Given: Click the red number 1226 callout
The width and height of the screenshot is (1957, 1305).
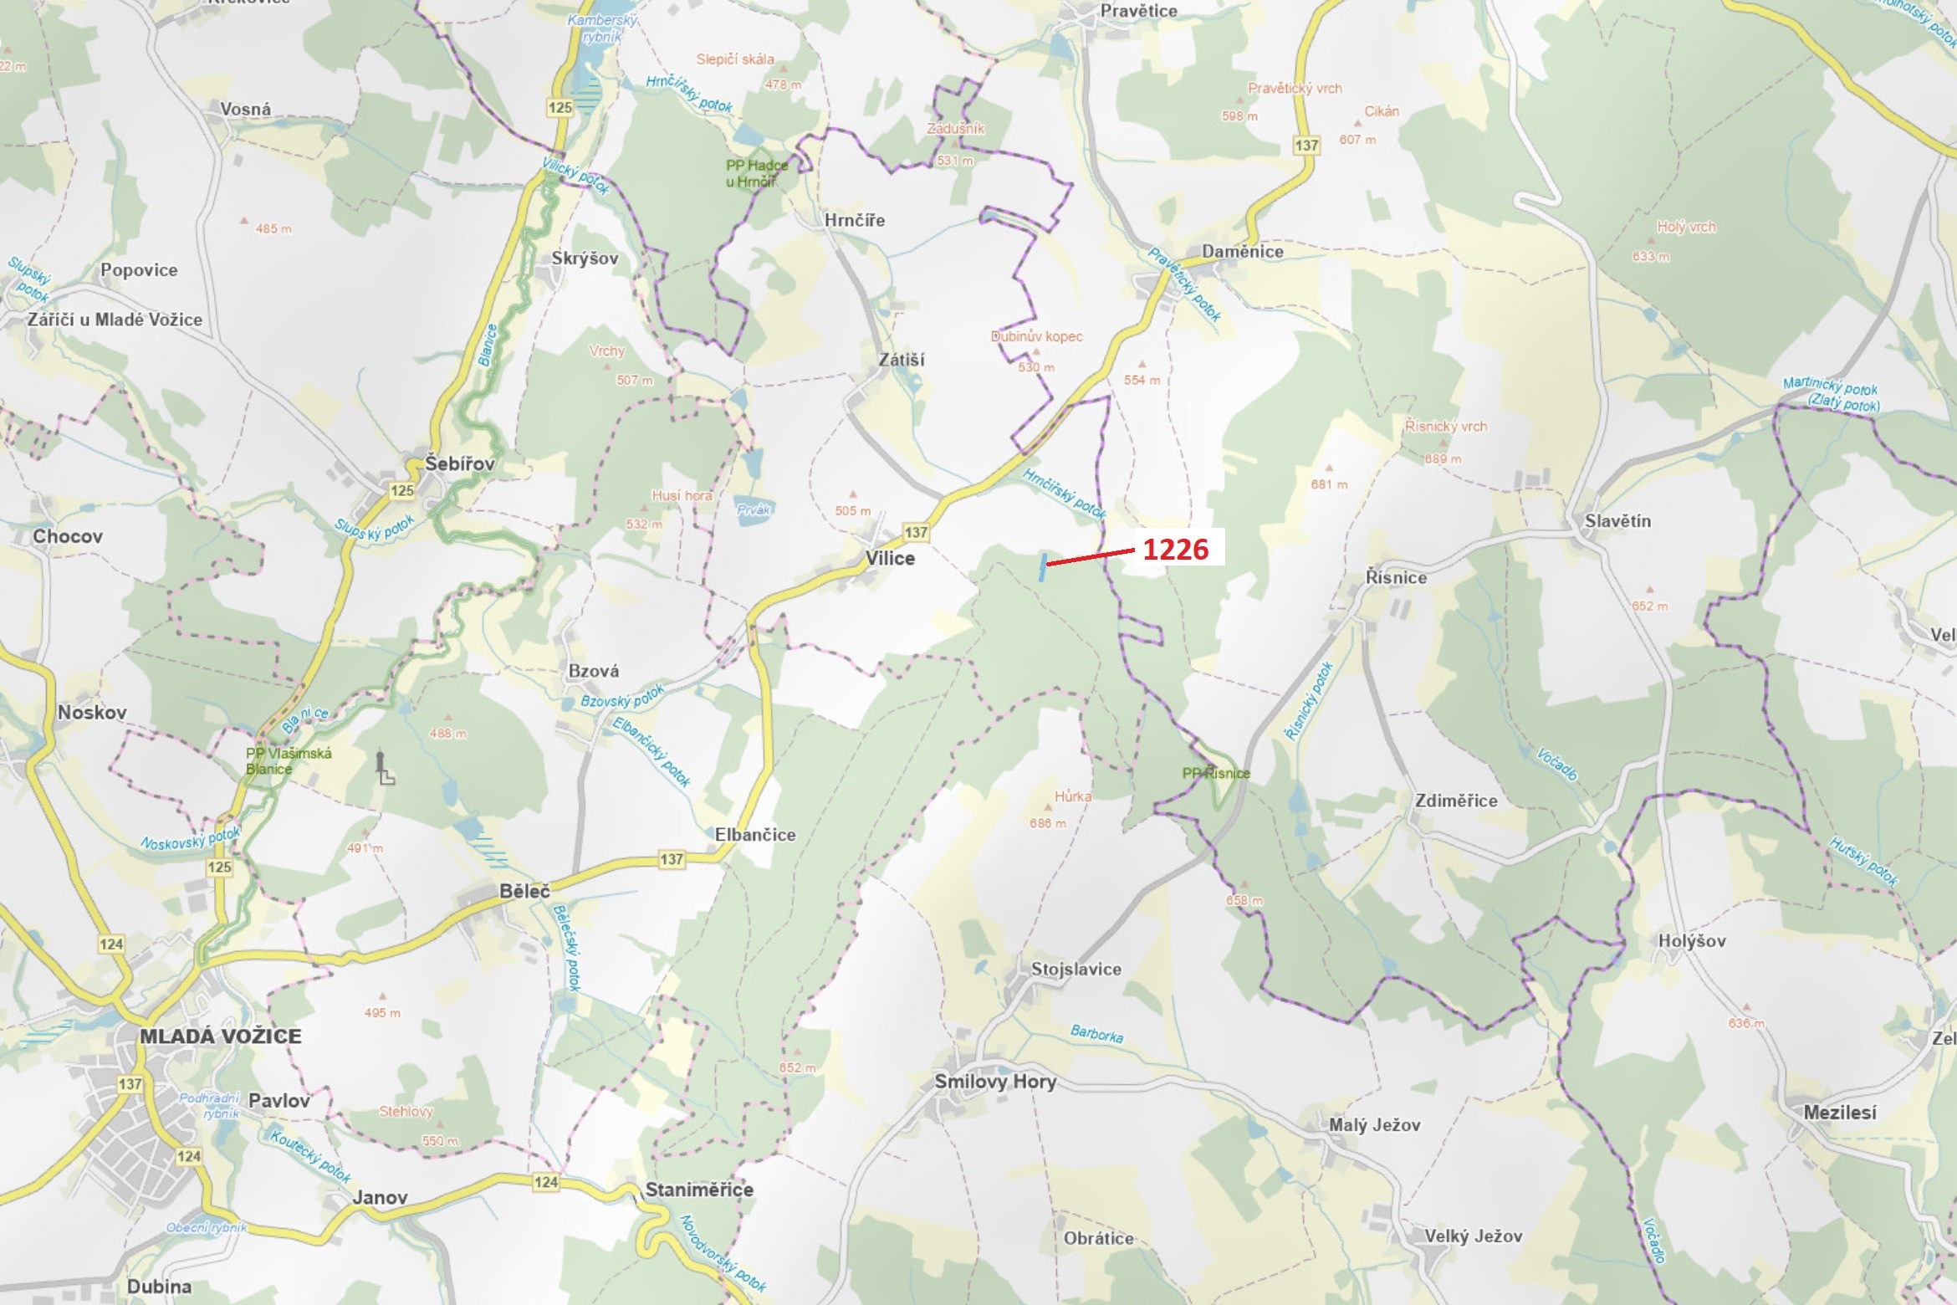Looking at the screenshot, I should (1175, 549).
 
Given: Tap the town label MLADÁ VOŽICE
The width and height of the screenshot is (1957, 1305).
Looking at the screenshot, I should (220, 1036).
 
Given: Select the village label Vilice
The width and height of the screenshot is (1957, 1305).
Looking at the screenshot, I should (890, 558).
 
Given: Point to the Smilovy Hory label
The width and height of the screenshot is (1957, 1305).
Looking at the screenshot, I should (995, 1081).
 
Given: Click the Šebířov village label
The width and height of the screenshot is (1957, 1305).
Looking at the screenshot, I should (459, 463).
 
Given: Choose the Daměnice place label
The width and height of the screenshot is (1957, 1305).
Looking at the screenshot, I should (1242, 251).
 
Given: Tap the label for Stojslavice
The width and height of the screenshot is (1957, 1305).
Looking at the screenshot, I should (1076, 969).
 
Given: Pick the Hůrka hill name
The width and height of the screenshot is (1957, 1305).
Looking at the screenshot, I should (1072, 796).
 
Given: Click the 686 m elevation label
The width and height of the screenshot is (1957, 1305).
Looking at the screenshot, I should (1047, 823).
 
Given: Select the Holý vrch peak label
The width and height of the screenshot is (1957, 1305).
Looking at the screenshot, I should (1685, 227).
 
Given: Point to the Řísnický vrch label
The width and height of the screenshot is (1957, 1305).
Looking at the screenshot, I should (1445, 426).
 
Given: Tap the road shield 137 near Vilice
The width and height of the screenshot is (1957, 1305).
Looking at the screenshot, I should (916, 532).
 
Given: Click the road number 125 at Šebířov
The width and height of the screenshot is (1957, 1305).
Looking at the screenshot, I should (401, 491).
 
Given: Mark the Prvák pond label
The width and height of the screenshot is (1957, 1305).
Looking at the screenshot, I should (754, 509).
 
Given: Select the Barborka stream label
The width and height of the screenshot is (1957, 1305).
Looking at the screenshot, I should (1096, 1034).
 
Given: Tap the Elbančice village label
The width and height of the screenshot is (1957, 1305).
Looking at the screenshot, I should (754, 834).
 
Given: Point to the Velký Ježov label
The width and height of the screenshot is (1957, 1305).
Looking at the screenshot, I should (1473, 1236).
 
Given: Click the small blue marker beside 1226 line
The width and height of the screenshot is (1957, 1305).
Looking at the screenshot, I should (1042, 566).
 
